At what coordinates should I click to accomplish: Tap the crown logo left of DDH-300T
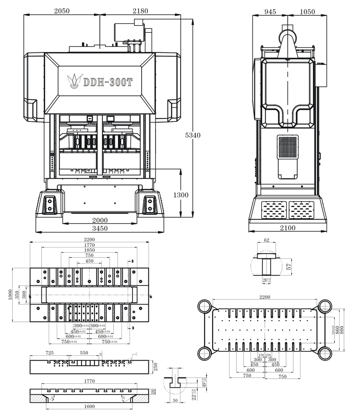click(x=74, y=80)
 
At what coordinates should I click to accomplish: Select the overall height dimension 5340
click(x=192, y=135)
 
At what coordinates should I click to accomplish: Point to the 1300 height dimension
click(x=180, y=195)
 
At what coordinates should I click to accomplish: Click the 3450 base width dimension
click(x=100, y=229)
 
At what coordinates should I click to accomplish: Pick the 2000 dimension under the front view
click(x=100, y=220)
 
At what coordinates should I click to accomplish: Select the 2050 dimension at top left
click(x=62, y=11)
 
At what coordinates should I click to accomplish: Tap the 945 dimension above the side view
click(x=270, y=12)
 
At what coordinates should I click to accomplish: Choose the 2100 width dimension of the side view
click(x=287, y=228)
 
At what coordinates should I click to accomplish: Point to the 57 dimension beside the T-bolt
click(x=289, y=264)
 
